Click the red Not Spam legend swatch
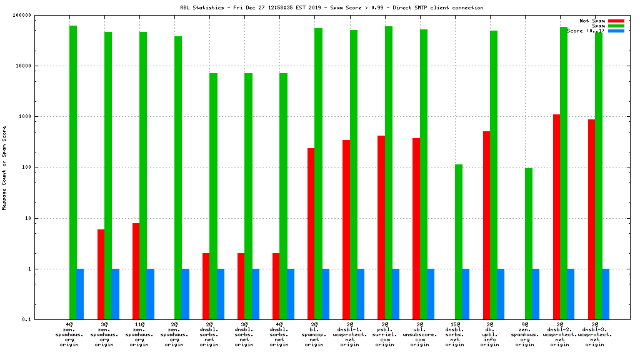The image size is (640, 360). (616, 21)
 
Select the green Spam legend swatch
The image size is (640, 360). (616, 26)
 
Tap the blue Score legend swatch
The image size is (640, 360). (616, 31)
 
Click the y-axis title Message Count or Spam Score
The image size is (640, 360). (4, 167)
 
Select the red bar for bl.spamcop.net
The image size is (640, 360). (311, 234)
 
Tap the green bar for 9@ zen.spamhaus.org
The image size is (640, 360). (528, 244)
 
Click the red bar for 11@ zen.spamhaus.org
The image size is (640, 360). (136, 271)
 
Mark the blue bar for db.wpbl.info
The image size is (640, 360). (501, 294)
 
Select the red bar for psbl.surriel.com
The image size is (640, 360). (381, 227)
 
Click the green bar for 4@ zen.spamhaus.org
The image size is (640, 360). (72, 172)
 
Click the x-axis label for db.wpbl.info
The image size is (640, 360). (490, 334)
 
